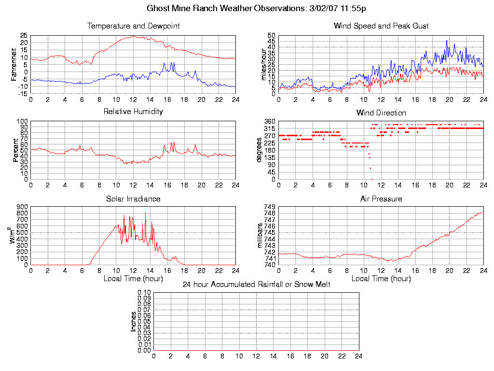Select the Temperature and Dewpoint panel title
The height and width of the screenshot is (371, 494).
point(133,26)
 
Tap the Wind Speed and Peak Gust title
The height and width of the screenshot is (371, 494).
point(381,26)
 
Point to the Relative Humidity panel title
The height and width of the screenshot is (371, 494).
point(133,112)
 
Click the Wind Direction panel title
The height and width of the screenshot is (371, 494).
point(381,113)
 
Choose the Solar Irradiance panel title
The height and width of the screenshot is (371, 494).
point(133,199)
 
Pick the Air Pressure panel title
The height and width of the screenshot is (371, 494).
point(381,199)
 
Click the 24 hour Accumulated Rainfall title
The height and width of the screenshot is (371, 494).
point(256,285)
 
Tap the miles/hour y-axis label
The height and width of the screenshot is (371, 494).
point(263,64)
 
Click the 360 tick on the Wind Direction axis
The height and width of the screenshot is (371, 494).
point(270,121)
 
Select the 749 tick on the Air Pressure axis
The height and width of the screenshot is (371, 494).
point(270,207)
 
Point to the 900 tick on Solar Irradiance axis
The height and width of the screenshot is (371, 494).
point(22,207)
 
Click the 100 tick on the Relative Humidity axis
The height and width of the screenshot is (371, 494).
point(22,121)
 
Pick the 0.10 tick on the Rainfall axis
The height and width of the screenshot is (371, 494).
point(144,293)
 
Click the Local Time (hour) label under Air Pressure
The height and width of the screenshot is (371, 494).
point(381,279)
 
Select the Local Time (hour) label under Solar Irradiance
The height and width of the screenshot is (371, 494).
point(133,279)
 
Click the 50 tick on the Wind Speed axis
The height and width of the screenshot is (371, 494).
point(271,36)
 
